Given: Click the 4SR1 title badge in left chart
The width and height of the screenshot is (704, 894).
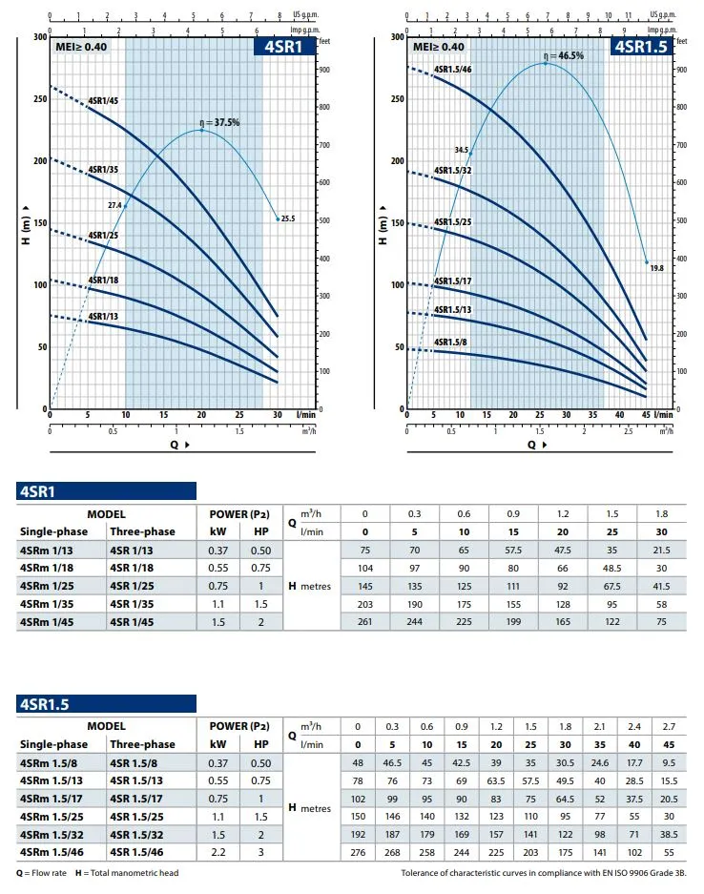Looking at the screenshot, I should click(283, 47).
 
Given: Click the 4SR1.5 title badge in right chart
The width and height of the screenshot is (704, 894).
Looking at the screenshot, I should click(638, 47).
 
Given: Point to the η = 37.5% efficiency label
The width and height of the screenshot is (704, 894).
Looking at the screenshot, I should click(219, 122).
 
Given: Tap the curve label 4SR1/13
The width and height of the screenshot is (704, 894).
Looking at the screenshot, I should click(103, 316).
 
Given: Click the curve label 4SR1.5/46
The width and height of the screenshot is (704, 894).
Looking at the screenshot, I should click(452, 70).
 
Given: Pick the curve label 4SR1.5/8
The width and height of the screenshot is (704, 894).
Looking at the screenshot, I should click(450, 342).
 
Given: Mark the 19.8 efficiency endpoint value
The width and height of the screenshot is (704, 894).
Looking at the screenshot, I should click(655, 269).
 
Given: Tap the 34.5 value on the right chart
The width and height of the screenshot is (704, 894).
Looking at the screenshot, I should click(462, 150).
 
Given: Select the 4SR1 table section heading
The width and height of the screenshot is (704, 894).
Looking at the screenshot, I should click(37, 492).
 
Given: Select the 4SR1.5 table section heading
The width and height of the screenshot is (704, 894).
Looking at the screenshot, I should click(43, 704).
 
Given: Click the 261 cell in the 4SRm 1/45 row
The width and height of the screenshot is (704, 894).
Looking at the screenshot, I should click(364, 622).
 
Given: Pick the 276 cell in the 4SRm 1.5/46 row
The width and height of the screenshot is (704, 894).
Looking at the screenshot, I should click(358, 852).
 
